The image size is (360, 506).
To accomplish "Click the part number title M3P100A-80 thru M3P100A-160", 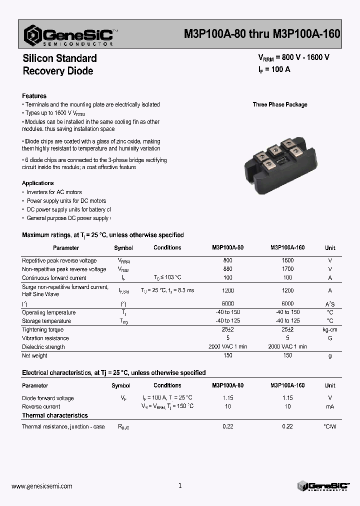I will coord(262,34).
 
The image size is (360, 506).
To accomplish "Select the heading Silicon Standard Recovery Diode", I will coord(59,64).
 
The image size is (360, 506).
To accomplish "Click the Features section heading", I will coord(34,96).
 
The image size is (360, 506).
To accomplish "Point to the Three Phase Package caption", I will coord(279,104).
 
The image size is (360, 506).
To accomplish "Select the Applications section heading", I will coord(37,183).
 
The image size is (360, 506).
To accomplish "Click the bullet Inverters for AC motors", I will coord(54,192).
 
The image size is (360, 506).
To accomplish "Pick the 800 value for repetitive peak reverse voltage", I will coord(227,260).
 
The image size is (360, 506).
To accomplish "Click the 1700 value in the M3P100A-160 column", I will coord(287,269).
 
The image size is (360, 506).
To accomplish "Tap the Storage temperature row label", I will coord(46,321).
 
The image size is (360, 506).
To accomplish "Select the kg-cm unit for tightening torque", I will coord(330,330).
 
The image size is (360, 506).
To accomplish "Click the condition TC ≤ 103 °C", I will coord(167,277).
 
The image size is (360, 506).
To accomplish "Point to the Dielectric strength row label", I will coord(43,347).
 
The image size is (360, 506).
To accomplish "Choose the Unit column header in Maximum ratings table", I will coord(330,248).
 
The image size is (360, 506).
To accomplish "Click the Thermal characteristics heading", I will coord(54,415).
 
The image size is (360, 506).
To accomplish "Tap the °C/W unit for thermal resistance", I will coord(330,426).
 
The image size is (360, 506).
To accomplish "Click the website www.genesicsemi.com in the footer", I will coord(41,486).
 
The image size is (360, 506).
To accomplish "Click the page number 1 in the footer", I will coord(180,485).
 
